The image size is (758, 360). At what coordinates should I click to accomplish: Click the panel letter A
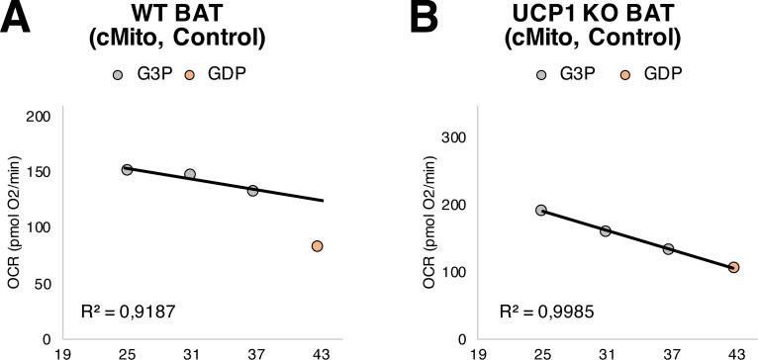point(19,19)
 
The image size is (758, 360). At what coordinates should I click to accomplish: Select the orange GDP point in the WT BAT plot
point(317,246)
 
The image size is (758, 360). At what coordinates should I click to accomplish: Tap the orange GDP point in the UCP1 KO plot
point(733,267)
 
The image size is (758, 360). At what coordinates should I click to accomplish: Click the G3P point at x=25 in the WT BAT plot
point(127,170)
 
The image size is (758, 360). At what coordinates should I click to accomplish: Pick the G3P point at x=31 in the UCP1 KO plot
point(605,231)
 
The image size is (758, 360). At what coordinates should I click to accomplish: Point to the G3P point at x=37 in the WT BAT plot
point(253,191)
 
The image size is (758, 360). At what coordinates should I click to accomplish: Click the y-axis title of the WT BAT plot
point(14,227)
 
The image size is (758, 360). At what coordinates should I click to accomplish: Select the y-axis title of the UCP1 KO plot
point(430,227)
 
